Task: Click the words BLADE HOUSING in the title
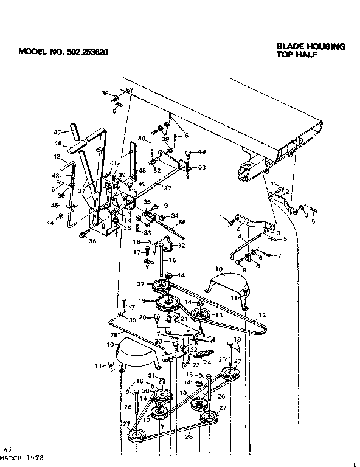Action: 311,46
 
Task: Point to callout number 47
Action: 57,132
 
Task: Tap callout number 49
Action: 202,152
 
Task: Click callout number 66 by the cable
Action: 181,224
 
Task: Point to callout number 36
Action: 92,241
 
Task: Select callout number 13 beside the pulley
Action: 220,316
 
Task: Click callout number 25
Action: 113,336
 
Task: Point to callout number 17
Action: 137,252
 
